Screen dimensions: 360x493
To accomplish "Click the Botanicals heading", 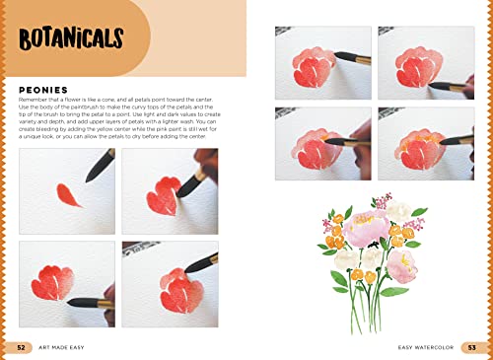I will coord(71,40).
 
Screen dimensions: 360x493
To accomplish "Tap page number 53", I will coord(471,346).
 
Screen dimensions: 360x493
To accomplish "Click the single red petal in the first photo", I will coord(68,195).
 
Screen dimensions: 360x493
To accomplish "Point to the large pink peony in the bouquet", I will coord(364,230).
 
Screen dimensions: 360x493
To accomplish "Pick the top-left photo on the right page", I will coord(321,61).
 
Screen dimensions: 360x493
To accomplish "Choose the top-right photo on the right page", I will coord(423,61).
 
